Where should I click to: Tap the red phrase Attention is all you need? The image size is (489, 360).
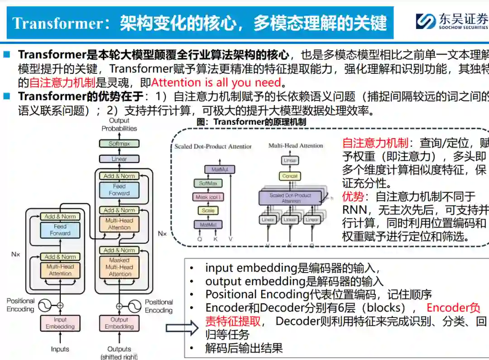click(216, 82)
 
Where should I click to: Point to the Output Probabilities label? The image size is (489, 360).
click(119, 125)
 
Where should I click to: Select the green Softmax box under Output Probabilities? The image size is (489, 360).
click(119, 144)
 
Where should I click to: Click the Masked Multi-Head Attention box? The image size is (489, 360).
click(120, 267)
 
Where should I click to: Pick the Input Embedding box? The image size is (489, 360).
click(60, 323)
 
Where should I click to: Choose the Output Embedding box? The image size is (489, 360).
click(120, 323)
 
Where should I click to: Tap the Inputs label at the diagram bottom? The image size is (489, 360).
click(60, 349)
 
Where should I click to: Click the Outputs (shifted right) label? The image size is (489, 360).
click(119, 352)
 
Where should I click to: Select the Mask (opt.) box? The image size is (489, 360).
click(208, 197)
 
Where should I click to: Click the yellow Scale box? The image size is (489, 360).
click(208, 211)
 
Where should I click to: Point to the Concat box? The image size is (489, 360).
click(290, 176)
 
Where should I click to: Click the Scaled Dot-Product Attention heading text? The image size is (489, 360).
click(213, 146)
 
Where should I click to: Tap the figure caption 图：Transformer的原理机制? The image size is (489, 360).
click(251, 122)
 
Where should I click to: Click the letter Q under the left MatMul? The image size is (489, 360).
click(199, 239)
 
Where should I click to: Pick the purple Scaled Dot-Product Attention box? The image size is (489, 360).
click(290, 198)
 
